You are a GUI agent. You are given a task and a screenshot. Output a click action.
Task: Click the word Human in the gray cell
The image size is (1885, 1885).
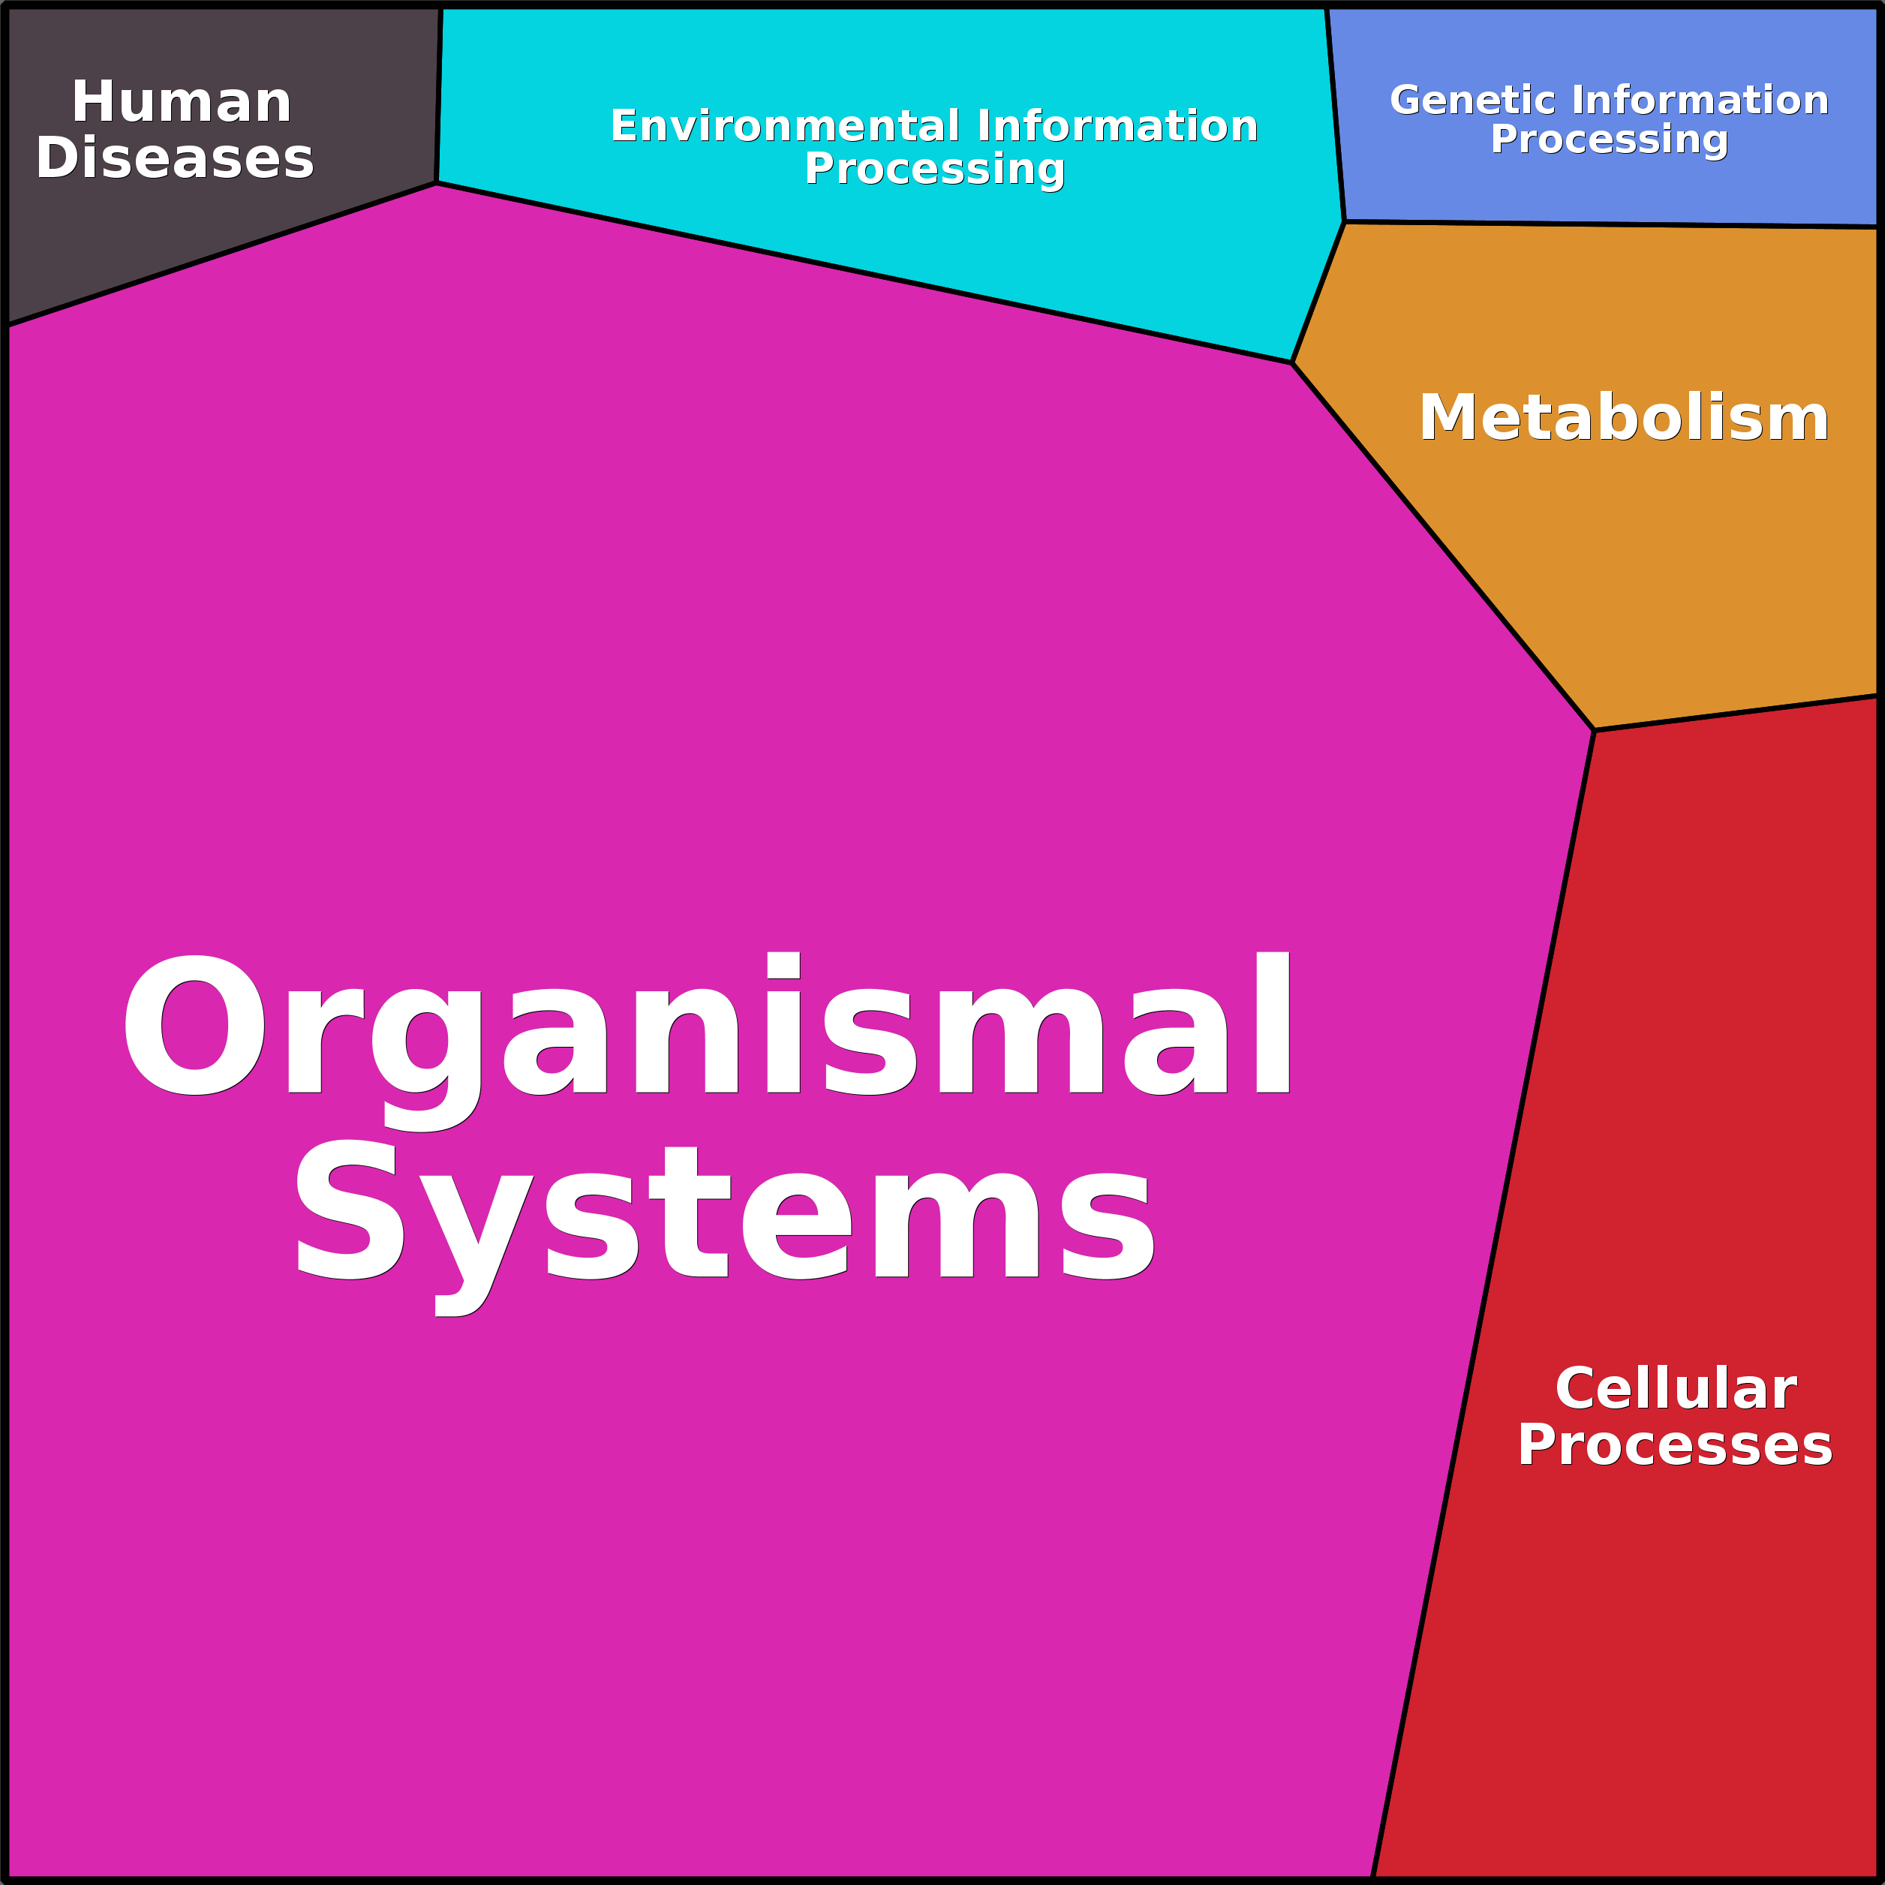[182, 103]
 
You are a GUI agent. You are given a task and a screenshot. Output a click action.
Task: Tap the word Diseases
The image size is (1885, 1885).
[175, 159]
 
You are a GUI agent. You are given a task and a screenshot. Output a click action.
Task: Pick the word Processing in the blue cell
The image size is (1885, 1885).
[1609, 140]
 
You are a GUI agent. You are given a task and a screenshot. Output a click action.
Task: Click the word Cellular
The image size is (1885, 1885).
[1675, 1388]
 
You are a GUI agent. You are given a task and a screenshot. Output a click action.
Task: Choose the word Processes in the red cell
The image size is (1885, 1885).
[1674, 1445]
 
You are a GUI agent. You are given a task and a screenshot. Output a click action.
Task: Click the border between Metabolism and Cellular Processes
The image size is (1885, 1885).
[1736, 713]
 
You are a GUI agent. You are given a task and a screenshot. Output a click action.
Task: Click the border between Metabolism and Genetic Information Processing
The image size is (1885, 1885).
[1610, 224]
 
